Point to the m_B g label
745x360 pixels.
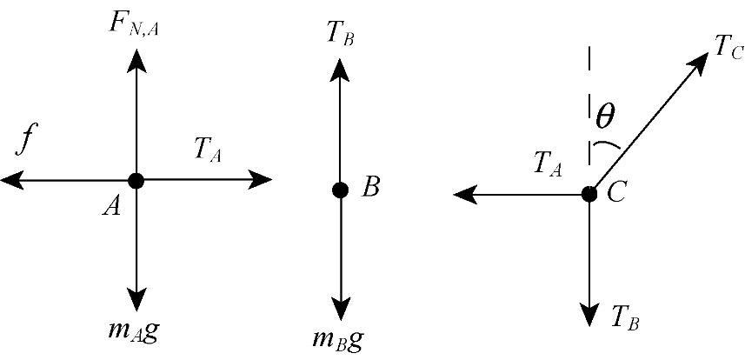336,337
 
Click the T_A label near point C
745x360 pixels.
546,163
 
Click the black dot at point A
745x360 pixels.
136,180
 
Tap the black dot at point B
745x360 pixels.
340,189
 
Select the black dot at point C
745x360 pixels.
589,193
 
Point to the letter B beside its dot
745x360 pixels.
370,187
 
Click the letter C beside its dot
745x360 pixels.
618,192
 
